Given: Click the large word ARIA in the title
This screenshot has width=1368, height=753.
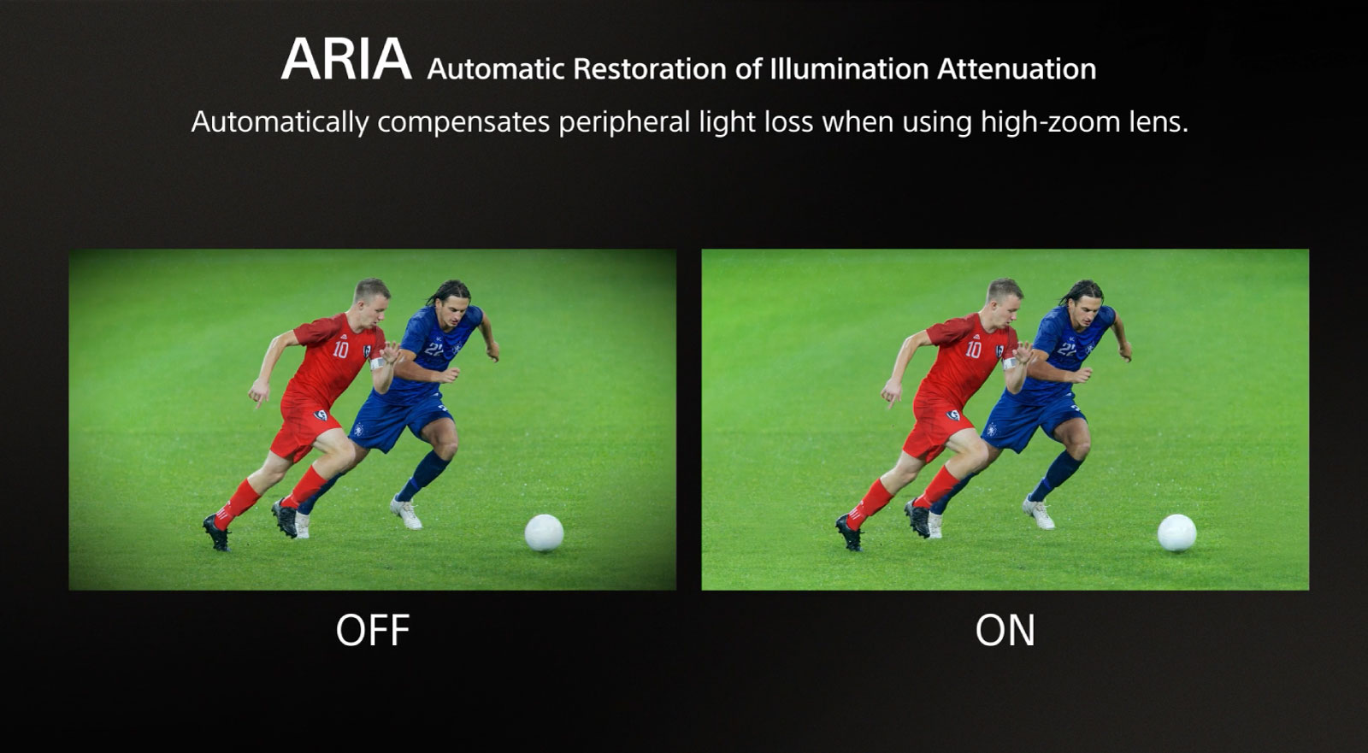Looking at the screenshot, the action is click(x=346, y=59).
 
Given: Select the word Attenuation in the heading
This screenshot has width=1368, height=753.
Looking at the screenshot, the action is click(x=1017, y=69).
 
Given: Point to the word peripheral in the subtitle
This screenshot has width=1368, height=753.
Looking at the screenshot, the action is click(x=624, y=122).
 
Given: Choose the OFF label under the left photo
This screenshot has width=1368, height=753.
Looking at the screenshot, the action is click(x=373, y=630).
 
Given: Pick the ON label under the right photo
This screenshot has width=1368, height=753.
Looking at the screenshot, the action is click(x=1005, y=630).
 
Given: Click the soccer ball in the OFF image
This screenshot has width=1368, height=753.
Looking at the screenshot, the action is click(x=544, y=532).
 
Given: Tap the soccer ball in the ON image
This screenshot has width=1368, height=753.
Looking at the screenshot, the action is click(x=1176, y=532).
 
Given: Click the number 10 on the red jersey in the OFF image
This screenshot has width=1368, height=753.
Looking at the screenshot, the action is click(x=340, y=350).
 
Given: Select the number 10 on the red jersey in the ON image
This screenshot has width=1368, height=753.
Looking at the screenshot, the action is click(x=973, y=350).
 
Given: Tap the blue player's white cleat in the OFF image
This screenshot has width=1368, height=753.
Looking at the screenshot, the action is click(x=406, y=512).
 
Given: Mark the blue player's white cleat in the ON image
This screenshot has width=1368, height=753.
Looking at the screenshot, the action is click(x=1039, y=512).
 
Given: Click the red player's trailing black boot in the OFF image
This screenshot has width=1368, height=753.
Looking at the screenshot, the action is click(x=217, y=532).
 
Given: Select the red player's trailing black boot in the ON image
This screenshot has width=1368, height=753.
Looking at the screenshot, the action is click(x=850, y=532).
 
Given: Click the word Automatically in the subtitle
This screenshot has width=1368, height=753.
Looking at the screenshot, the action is click(x=279, y=122).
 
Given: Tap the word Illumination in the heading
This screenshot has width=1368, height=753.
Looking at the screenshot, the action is click(x=850, y=69).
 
